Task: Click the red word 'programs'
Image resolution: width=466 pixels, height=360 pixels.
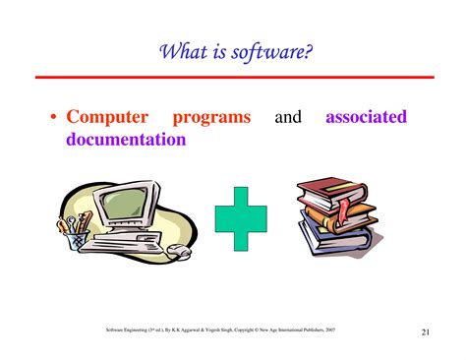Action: [x=211, y=118]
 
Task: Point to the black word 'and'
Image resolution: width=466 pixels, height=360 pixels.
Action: [x=288, y=118]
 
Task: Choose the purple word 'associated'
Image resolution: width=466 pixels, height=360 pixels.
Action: [x=366, y=118]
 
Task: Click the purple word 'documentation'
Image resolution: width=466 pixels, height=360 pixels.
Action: [x=126, y=140]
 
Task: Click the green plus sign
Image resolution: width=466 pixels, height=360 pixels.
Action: [x=241, y=216]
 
